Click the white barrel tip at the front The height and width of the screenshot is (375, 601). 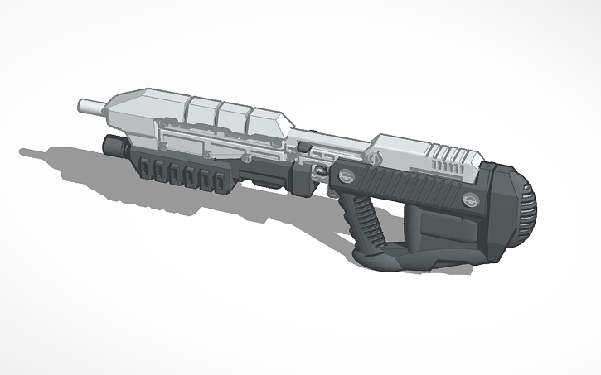tap(90, 105)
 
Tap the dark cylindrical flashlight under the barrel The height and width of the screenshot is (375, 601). tap(114, 145)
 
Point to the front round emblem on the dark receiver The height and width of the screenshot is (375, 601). tap(346, 175)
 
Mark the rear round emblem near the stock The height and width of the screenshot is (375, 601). tap(469, 199)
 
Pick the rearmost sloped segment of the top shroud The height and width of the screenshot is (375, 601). tap(267, 124)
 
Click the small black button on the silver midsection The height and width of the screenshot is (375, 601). tap(304, 147)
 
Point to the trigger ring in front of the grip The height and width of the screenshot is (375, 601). tap(321, 171)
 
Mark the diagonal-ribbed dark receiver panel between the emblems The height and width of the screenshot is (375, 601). tap(406, 186)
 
